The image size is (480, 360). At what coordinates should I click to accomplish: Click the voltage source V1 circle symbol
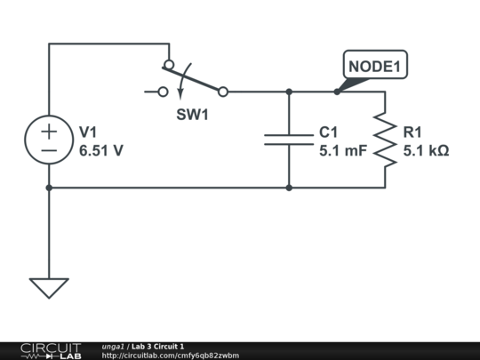49,140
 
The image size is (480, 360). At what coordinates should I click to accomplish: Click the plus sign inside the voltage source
49,130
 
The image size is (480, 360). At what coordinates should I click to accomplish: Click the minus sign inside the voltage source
49,150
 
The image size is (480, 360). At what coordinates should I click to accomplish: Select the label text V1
89,132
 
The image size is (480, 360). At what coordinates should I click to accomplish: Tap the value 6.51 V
101,151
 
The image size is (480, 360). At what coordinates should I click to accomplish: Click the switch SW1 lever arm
194,78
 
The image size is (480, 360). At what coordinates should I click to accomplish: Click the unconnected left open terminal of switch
163,91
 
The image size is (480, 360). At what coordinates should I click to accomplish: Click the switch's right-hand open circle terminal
223,91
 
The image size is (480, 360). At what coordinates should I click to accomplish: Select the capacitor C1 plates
289,140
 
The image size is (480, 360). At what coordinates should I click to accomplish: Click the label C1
329,132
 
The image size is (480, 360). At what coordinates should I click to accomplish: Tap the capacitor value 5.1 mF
342,151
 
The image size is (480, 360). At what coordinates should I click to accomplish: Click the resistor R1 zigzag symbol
385,140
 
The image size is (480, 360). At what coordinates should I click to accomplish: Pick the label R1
413,132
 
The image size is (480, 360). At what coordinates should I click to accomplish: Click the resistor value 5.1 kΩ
426,151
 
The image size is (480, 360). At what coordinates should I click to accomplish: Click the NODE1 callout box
375,67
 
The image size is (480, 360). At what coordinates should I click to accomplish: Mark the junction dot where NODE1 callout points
337,91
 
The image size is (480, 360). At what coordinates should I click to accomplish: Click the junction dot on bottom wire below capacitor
289,188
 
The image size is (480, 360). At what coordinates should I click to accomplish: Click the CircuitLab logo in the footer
50,350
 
